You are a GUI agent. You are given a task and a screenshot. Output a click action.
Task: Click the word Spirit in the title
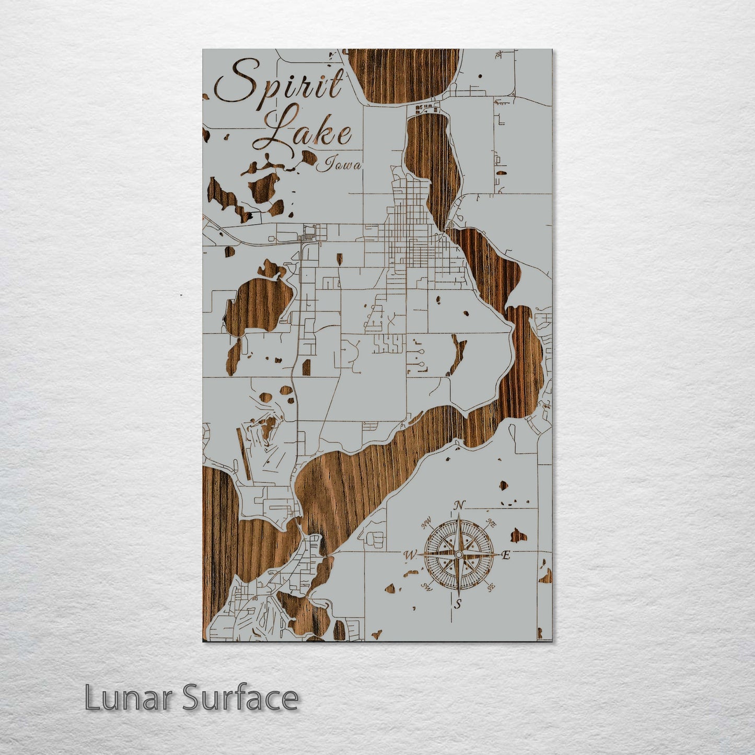[x=280, y=84]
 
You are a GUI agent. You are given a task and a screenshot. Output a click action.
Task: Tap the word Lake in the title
[x=308, y=128]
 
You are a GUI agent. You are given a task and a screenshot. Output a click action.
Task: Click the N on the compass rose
[x=459, y=505]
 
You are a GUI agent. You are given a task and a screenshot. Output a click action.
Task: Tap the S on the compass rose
[x=458, y=605]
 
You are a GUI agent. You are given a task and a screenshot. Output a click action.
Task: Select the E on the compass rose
[x=505, y=555]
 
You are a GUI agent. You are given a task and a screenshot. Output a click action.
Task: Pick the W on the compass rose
[x=411, y=555]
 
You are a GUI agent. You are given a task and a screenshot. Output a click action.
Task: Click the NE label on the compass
[x=491, y=522]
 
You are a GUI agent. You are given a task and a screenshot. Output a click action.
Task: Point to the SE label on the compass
[x=491, y=588]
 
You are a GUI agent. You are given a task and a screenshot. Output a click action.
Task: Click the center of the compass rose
[x=458, y=554]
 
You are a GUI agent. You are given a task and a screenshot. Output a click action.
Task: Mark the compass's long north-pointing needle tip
[x=459, y=515]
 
